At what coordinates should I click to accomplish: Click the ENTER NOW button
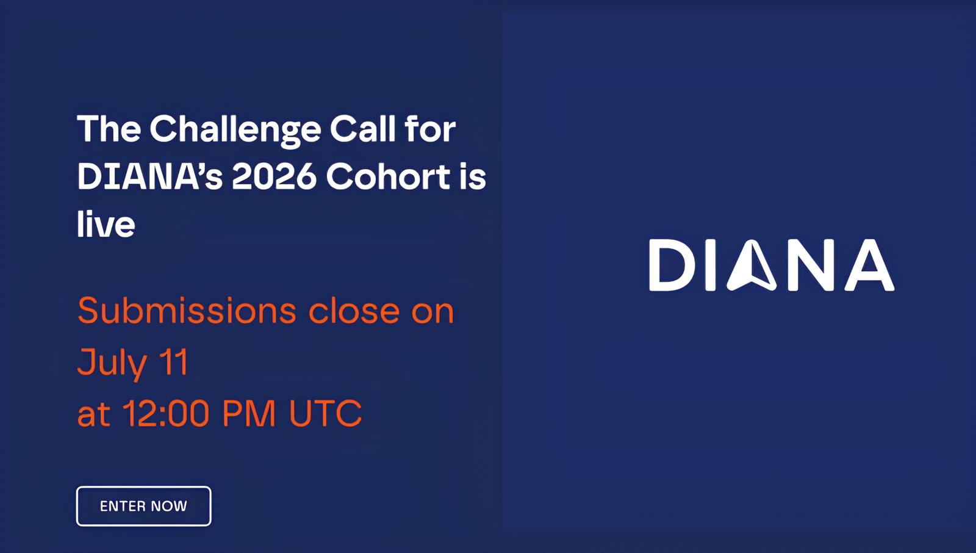[x=144, y=506]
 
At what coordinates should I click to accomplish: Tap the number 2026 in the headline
[x=274, y=176]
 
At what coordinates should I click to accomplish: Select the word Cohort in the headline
[x=388, y=176]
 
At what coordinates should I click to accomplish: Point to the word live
[x=106, y=223]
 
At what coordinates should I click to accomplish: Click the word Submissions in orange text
[x=187, y=311]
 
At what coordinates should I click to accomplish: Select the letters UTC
[x=326, y=413]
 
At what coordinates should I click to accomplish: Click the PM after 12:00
[x=249, y=413]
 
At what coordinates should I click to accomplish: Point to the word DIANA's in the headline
[x=150, y=176]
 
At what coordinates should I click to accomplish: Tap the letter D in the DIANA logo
[x=673, y=265]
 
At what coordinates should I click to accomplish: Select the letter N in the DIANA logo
[x=811, y=265]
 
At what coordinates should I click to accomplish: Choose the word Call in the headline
[x=362, y=129]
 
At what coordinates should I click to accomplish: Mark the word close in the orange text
[x=354, y=311]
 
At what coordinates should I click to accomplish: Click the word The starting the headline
[x=109, y=129]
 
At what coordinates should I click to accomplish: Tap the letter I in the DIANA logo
[x=711, y=265]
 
